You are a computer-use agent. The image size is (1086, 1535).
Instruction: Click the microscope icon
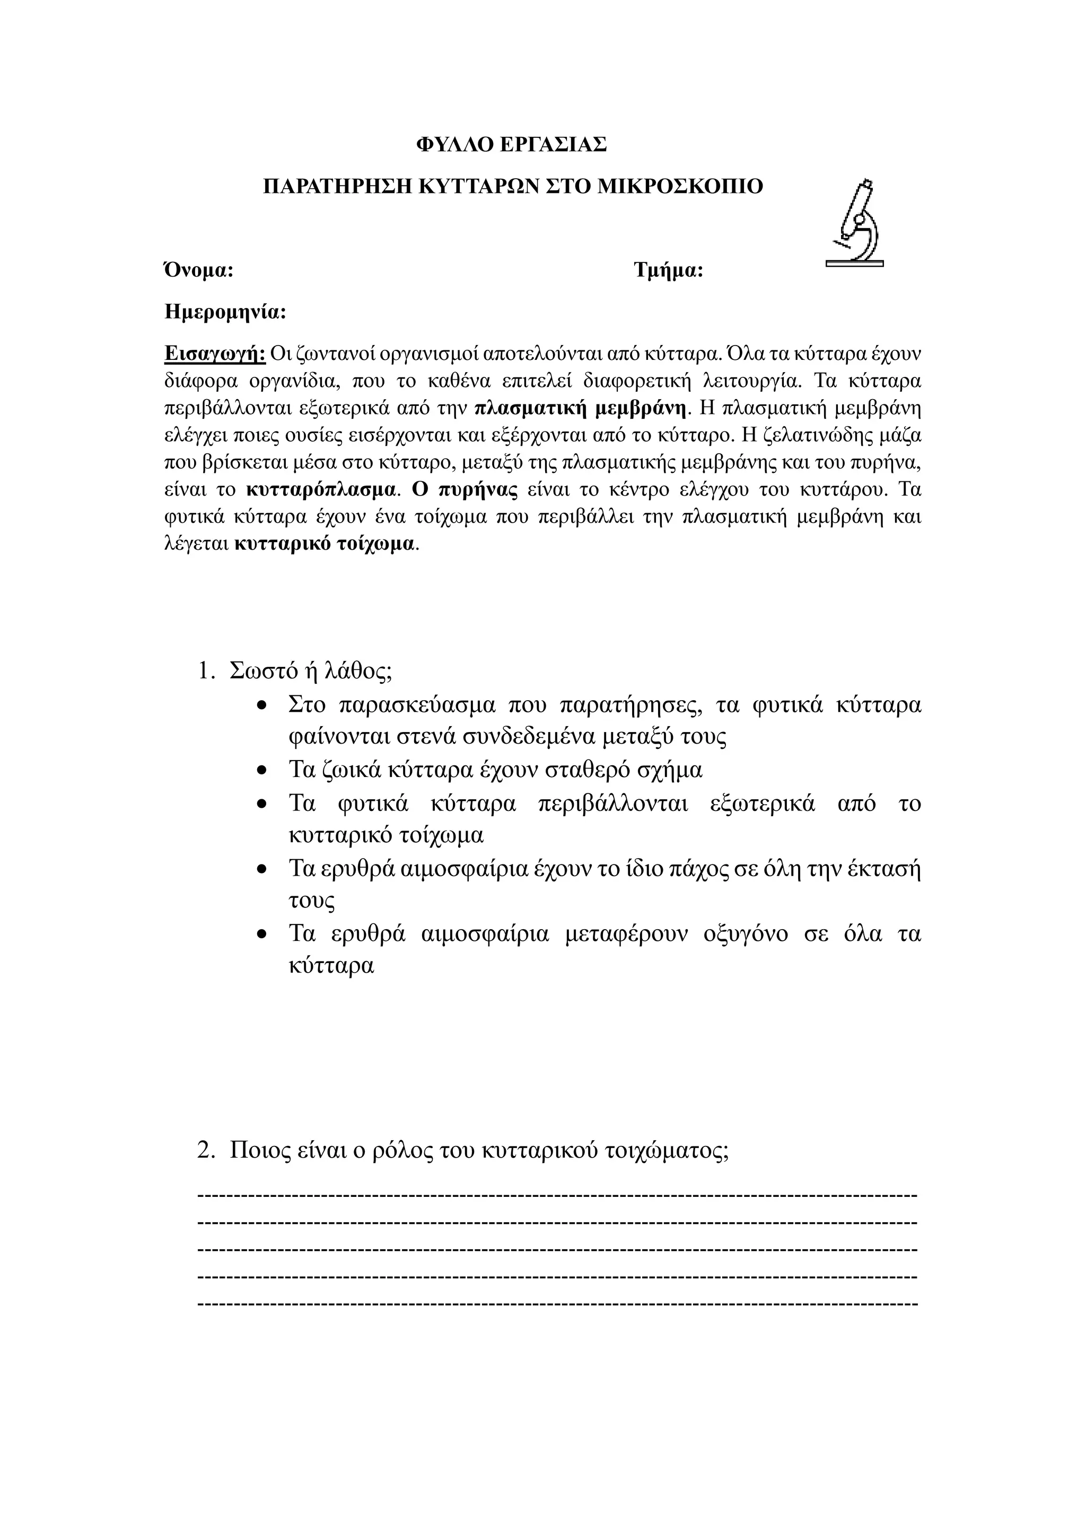[x=855, y=224]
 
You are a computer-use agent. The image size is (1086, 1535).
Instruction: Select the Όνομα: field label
[x=199, y=271]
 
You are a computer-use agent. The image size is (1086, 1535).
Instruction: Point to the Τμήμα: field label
[x=668, y=271]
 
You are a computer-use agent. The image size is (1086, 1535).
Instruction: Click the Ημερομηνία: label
[x=225, y=312]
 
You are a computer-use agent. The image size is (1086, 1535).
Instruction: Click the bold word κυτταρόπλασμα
[x=320, y=489]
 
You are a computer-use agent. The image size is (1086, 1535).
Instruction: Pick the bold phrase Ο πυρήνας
[x=464, y=489]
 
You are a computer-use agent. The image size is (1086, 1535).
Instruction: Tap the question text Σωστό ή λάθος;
[x=310, y=671]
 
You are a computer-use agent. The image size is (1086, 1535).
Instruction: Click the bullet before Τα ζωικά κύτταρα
[x=263, y=771]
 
